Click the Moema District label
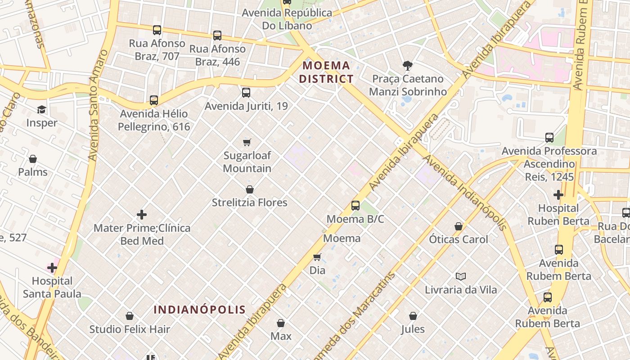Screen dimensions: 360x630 (326, 72)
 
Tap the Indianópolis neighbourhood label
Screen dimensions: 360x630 (200, 310)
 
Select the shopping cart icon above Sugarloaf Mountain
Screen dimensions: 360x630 (247, 142)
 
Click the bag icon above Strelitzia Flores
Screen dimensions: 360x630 (250, 189)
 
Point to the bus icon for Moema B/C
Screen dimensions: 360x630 (355, 206)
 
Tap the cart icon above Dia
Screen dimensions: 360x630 (317, 257)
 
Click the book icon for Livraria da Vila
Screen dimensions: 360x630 (460, 276)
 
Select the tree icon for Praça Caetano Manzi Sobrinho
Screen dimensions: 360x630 (408, 66)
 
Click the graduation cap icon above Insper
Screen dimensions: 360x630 (42, 110)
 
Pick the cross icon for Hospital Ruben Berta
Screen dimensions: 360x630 (558, 195)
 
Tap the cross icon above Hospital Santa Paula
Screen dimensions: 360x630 (52, 268)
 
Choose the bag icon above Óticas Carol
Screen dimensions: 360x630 (459, 226)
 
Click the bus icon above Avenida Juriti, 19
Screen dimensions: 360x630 (246, 93)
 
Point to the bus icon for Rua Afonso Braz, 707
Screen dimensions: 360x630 (157, 30)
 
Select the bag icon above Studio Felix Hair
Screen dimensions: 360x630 (130, 316)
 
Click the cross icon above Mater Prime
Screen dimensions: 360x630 (142, 215)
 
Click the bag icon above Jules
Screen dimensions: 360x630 (413, 316)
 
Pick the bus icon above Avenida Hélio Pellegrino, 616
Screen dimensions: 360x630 (154, 100)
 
